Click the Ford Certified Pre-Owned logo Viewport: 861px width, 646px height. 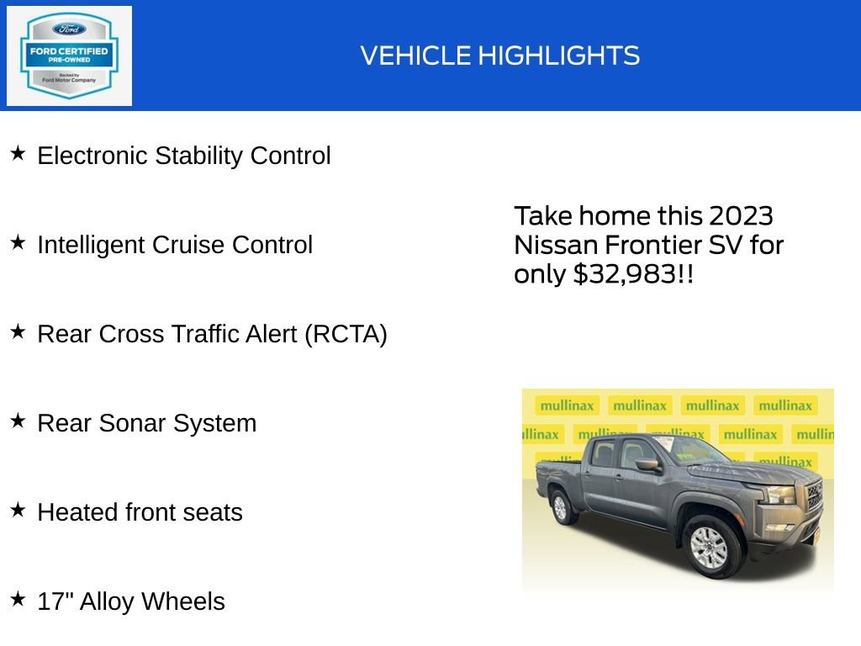coord(69,56)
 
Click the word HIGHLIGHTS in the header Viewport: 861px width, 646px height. coord(559,56)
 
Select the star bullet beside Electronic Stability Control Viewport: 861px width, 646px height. coord(18,154)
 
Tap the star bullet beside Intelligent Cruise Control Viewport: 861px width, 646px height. coord(18,243)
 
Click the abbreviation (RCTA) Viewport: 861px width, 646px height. coord(346,334)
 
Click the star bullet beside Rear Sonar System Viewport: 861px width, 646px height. coord(18,421)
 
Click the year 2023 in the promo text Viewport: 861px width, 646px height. coord(741,216)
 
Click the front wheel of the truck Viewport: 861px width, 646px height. coord(709,546)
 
